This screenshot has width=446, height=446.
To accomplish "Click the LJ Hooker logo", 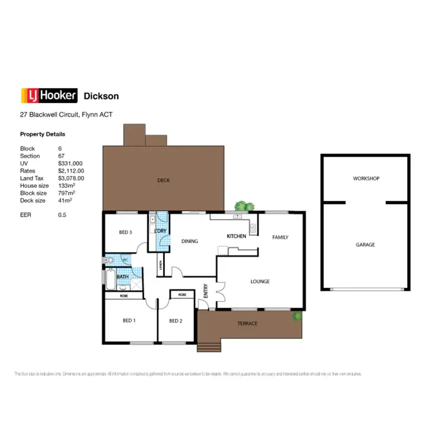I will [49, 96].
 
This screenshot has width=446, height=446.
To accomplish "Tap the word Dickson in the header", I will [101, 96].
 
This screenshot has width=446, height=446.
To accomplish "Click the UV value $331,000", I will [70, 163].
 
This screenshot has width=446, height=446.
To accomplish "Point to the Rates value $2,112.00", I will [71, 171].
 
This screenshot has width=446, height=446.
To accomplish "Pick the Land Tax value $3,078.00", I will [71, 178].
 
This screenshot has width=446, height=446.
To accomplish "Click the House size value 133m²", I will [66, 186].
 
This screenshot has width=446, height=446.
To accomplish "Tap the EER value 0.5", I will [62, 215].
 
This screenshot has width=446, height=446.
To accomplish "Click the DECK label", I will [164, 180].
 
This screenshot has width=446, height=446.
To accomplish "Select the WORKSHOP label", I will [366, 178].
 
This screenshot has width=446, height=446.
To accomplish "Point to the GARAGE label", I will [365, 244].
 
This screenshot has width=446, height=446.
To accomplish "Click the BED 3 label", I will [125, 232].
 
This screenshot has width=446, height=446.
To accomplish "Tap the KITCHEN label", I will [236, 236].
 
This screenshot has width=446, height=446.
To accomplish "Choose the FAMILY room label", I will [280, 237].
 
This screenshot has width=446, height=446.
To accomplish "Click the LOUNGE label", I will [260, 281].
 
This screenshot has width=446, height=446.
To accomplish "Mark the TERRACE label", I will [247, 323].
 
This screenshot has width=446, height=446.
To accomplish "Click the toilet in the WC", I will [109, 260].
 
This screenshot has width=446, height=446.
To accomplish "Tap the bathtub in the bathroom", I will [111, 278].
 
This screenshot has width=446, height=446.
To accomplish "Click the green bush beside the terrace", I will [296, 317].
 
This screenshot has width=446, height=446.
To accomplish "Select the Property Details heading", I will [43, 134].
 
